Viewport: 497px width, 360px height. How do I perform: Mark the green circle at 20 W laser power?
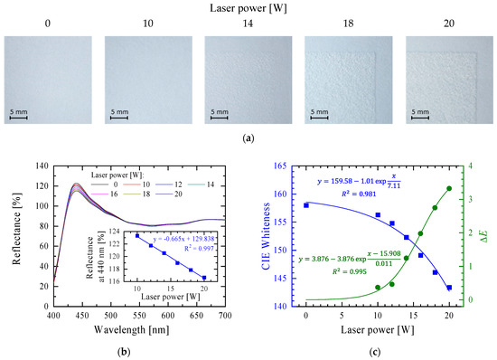tap(449, 189)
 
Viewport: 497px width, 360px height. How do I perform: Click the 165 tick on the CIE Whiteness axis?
tap(290, 166)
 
